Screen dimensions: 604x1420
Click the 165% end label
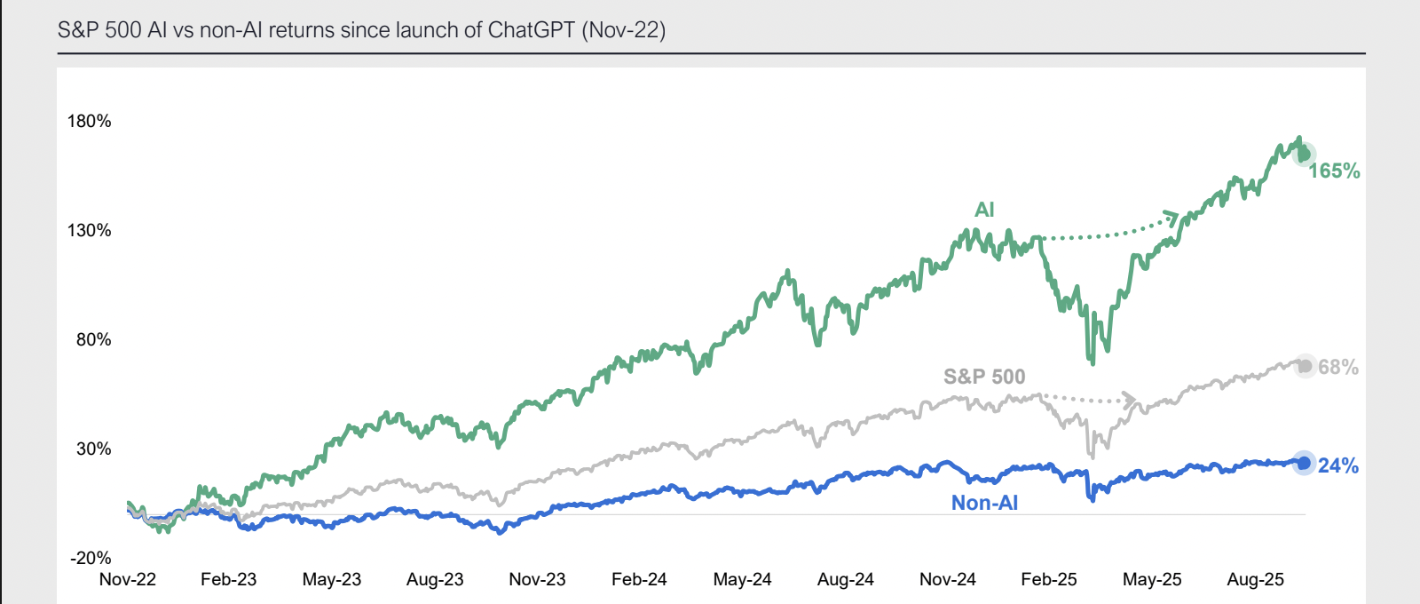click(1334, 171)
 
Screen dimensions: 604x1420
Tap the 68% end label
click(1338, 367)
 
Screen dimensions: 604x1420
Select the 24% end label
click(1338, 465)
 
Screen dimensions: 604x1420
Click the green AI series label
click(984, 210)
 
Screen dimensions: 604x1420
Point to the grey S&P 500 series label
click(984, 377)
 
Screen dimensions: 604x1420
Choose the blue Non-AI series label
click(984, 503)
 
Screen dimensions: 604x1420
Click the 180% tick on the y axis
click(90, 121)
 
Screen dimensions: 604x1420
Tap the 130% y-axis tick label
click(90, 230)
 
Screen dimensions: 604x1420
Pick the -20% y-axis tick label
click(91, 558)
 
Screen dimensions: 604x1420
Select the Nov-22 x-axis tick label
click(128, 579)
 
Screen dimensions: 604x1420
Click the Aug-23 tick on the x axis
click(435, 579)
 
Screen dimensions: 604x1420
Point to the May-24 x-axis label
click(742, 579)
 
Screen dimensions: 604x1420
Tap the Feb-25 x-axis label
click(1049, 579)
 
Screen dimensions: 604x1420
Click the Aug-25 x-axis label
click(1255, 579)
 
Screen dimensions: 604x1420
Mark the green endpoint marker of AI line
click(1304, 155)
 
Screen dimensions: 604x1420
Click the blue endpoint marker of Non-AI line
click(1304, 463)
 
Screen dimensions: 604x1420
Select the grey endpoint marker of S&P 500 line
click(1305, 366)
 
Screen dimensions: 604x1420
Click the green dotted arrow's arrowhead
click(1172, 218)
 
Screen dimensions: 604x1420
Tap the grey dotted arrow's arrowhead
click(1129, 399)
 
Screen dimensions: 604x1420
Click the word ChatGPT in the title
click(531, 30)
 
